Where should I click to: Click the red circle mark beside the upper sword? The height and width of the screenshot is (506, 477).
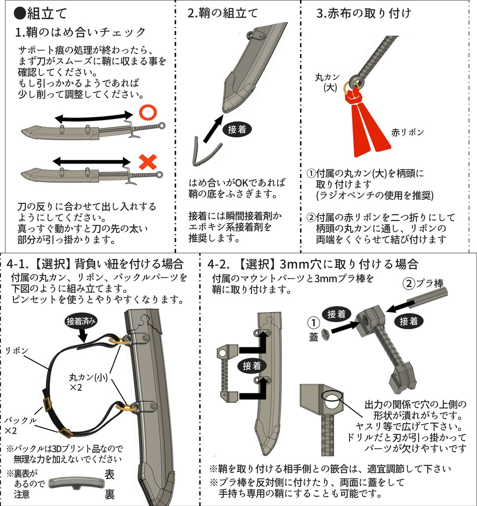click(148, 113)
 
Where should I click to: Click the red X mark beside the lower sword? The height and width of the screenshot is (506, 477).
click(148, 162)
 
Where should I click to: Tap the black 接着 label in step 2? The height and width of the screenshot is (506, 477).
click(237, 129)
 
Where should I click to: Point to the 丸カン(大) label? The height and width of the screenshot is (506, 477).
click(327, 82)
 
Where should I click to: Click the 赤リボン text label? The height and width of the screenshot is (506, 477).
click(407, 132)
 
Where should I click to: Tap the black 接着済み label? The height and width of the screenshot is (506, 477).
click(80, 321)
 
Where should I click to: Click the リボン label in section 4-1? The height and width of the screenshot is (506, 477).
click(17, 350)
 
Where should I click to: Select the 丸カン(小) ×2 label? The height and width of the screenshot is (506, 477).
click(88, 382)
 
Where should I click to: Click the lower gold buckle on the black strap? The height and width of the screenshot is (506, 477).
click(66, 432)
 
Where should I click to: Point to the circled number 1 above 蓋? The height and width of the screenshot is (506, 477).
click(313, 322)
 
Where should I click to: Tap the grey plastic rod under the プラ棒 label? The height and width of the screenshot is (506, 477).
click(427, 296)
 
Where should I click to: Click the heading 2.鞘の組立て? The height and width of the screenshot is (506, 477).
click(223, 13)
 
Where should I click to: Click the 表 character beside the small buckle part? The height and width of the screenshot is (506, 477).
click(110, 474)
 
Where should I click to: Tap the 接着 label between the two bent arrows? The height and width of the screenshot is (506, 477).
click(251, 366)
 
